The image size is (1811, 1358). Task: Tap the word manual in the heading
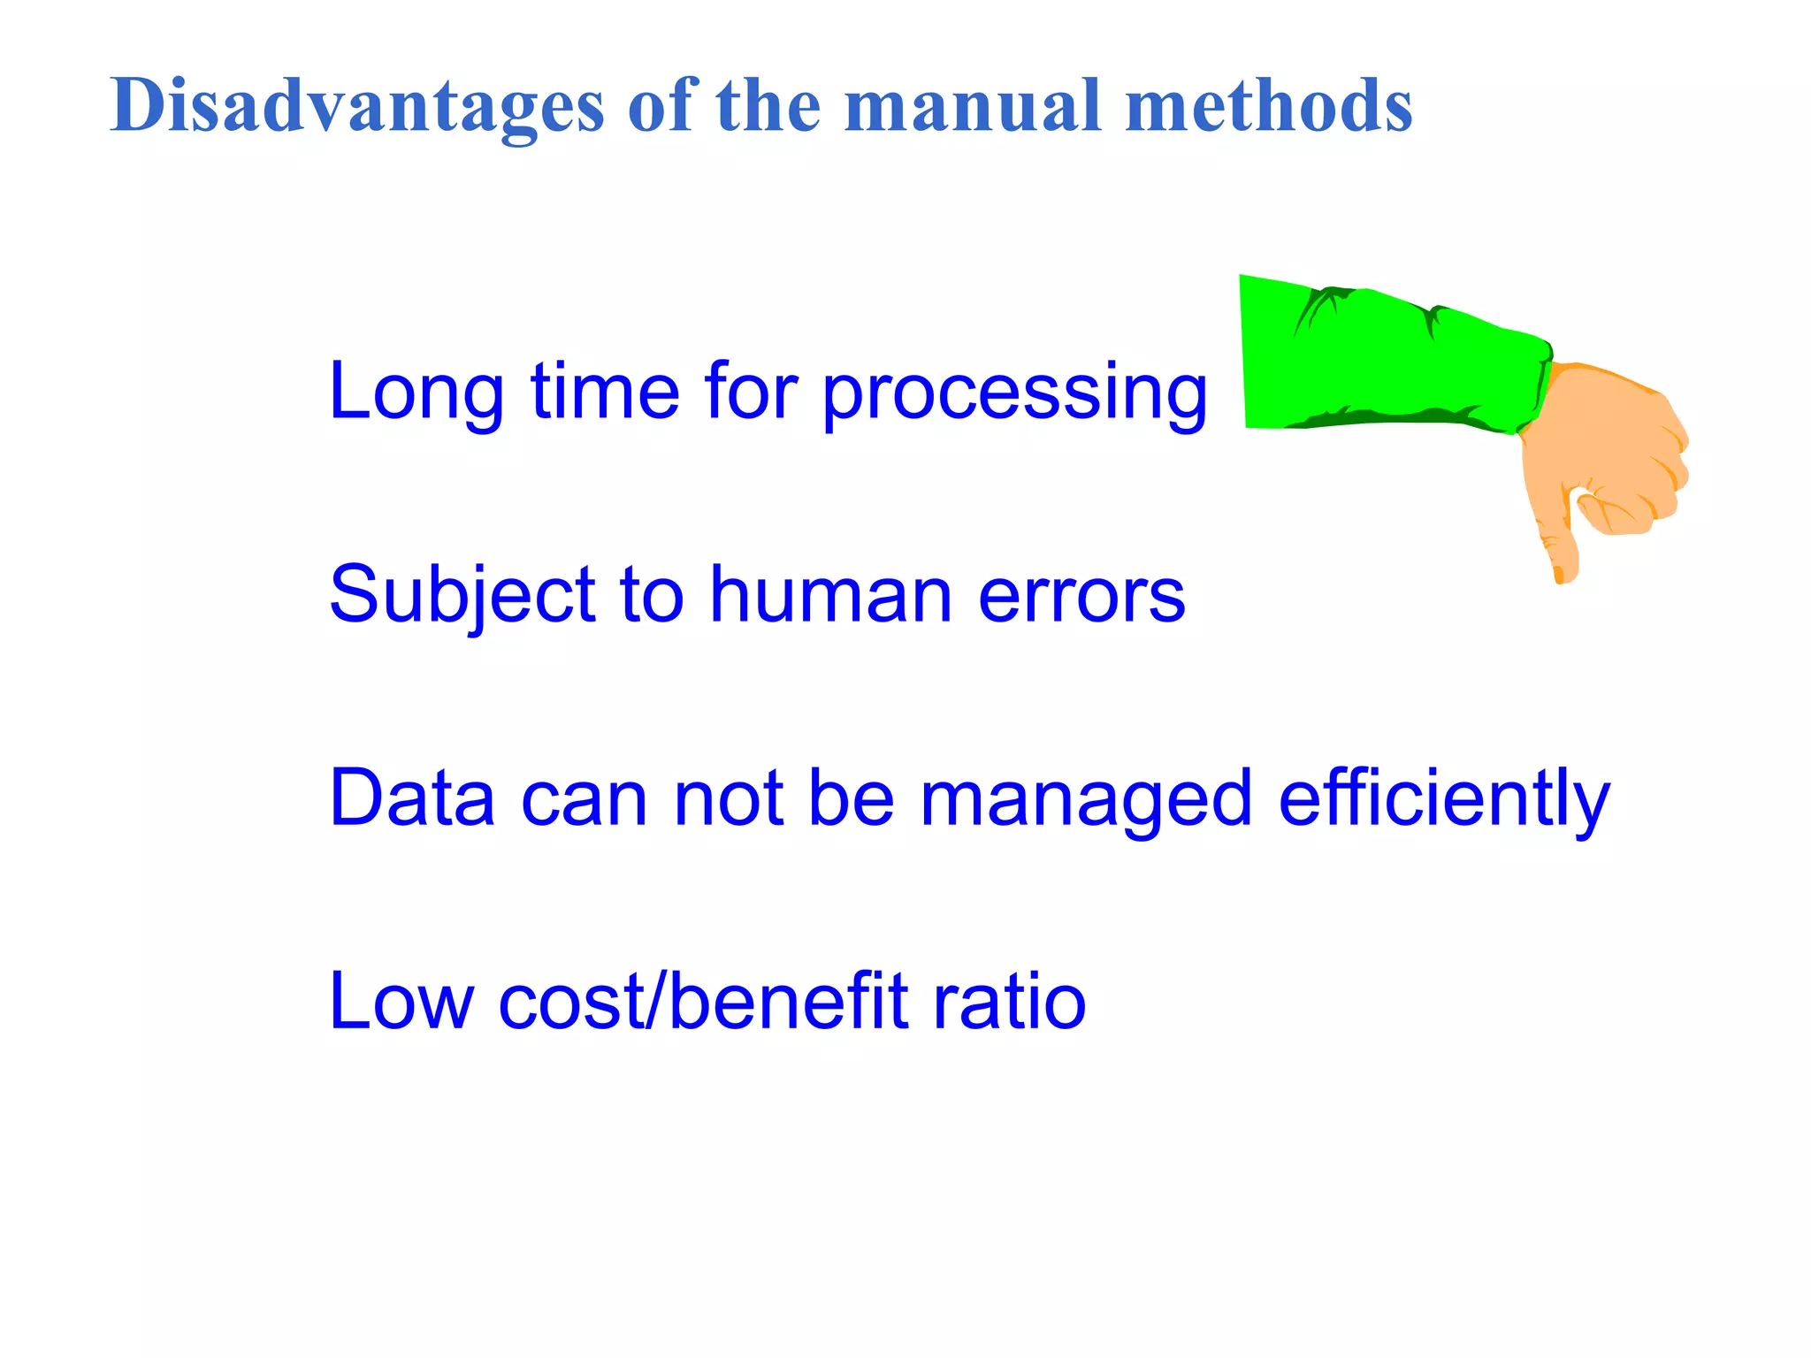click(x=973, y=106)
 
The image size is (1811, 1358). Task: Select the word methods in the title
click(x=1269, y=106)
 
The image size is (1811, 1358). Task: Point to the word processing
click(x=1014, y=393)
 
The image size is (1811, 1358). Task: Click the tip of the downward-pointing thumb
click(x=1561, y=575)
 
